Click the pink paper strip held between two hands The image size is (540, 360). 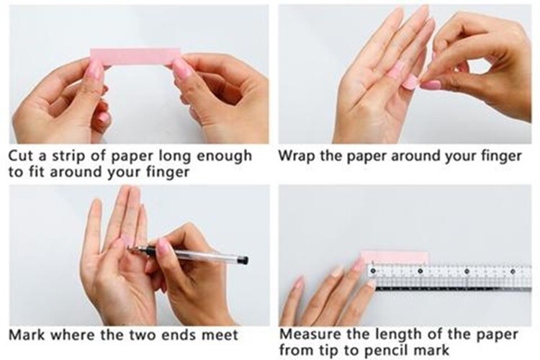[x=135, y=57]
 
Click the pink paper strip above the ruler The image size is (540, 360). [x=395, y=258]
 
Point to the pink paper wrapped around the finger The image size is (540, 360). [x=409, y=82]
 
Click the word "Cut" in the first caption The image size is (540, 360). [x=20, y=156]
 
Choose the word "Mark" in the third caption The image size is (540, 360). [x=27, y=335]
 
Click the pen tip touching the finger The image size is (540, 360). [x=128, y=248]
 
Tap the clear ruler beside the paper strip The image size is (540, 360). [x=449, y=276]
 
